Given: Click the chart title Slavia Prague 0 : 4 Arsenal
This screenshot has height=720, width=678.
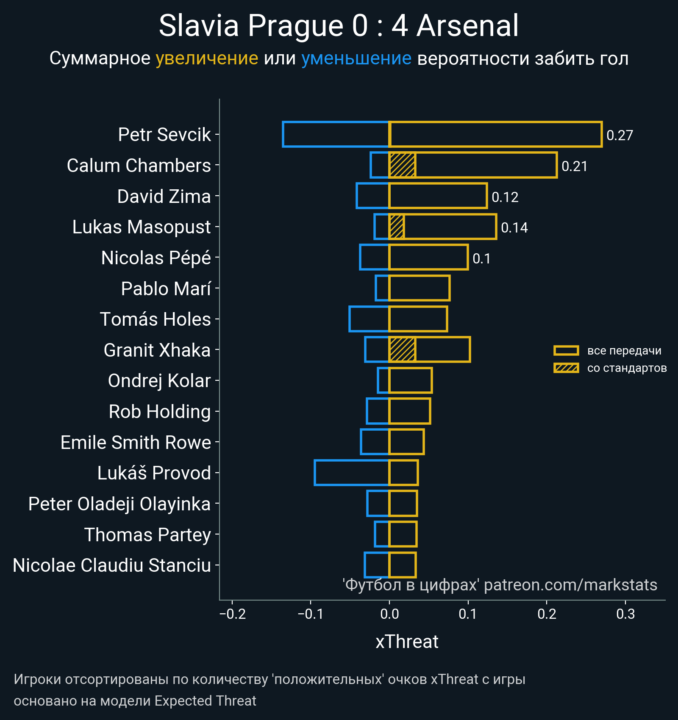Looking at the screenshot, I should pyautogui.click(x=339, y=26).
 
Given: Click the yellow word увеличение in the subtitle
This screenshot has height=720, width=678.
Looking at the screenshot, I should pyautogui.click(x=207, y=58).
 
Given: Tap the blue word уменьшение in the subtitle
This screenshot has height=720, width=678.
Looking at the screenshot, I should pyautogui.click(x=356, y=58).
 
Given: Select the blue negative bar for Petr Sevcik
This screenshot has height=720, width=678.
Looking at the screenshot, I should pyautogui.click(x=336, y=134).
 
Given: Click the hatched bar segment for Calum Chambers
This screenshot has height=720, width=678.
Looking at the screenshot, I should pyautogui.click(x=402, y=165).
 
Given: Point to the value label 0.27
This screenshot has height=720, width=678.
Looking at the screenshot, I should pyautogui.click(x=620, y=135).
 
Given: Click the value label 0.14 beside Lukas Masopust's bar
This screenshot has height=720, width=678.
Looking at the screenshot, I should pyautogui.click(x=514, y=227).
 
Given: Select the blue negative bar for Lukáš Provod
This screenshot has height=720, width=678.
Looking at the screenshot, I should pyautogui.click(x=352, y=473).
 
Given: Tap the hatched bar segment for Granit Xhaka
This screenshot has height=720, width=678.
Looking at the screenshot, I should pyautogui.click(x=402, y=350).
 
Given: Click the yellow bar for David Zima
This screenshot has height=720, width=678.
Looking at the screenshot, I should pyautogui.click(x=438, y=196).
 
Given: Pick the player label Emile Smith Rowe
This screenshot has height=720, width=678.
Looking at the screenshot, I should pyautogui.click(x=136, y=443).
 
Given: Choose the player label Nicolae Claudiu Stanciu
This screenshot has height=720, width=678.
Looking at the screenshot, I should pyautogui.click(x=112, y=565).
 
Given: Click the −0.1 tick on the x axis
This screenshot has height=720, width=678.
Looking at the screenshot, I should pyautogui.click(x=311, y=614).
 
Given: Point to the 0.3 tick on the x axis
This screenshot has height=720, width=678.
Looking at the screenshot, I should pyautogui.click(x=625, y=614).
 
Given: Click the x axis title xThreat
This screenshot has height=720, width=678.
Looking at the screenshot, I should pyautogui.click(x=407, y=642).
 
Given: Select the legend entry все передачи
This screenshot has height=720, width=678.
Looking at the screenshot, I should pyautogui.click(x=624, y=351).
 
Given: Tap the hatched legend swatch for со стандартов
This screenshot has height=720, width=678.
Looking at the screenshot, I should pyautogui.click(x=566, y=368).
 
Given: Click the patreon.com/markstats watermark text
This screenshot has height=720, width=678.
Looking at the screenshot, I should pyautogui.click(x=570, y=585).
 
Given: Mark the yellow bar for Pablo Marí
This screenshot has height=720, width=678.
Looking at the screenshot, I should pyautogui.click(x=420, y=288).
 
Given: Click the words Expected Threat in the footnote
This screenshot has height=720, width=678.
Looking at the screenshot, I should pyautogui.click(x=205, y=701).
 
